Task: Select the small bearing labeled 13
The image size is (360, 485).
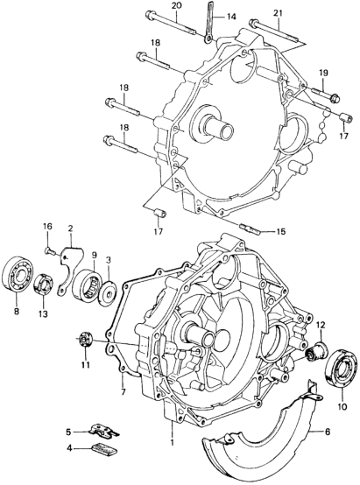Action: pyautogui.click(x=43, y=283)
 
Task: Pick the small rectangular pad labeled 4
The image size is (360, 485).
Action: pyautogui.click(x=104, y=448)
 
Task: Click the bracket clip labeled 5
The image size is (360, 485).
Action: pyautogui.click(x=104, y=431)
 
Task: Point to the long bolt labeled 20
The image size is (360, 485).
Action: pyautogui.click(x=170, y=23)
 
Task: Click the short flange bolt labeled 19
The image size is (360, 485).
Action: pyautogui.click(x=326, y=94)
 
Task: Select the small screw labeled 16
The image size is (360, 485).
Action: pyautogui.click(x=49, y=250)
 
